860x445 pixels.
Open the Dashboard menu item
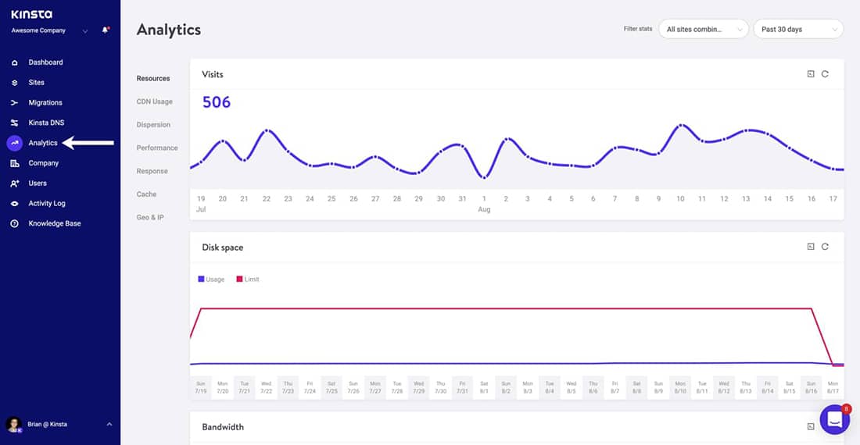pos(45,62)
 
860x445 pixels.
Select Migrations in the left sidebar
pos(45,102)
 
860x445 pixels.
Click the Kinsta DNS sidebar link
pos(45,123)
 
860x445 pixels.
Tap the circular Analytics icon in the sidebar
pos(14,143)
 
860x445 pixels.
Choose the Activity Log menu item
pos(47,203)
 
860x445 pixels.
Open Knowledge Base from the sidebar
pos(54,223)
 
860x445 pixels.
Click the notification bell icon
pos(105,30)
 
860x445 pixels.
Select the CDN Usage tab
pos(154,101)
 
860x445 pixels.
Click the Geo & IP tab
pos(150,217)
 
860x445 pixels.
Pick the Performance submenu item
pos(157,148)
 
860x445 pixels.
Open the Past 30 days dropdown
pos(797,29)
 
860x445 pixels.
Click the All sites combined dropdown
pos(703,29)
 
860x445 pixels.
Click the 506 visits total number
pos(217,102)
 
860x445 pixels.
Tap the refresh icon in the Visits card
pos(825,74)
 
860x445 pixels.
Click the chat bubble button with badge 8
pos(833,419)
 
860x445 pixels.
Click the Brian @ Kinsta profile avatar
pos(13,424)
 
